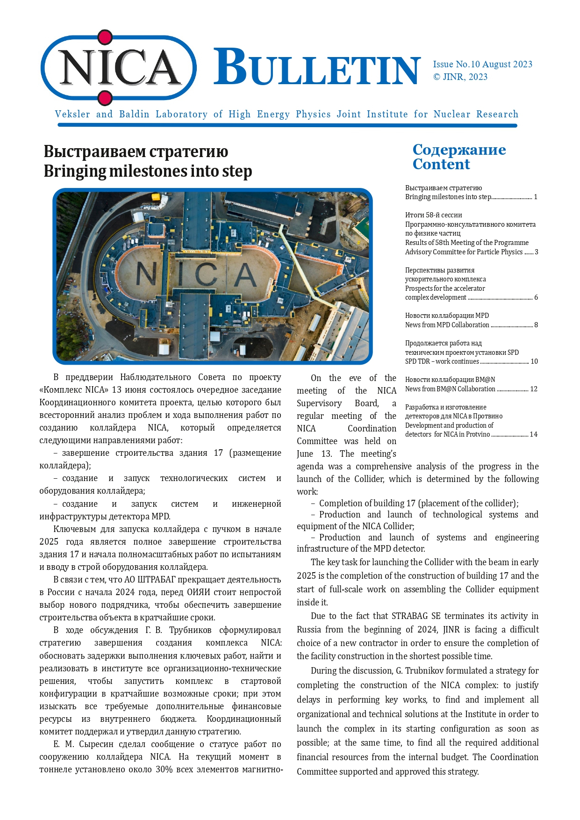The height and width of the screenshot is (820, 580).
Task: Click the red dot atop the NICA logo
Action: [105, 37]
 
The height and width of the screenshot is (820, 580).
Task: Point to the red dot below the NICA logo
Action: [105, 98]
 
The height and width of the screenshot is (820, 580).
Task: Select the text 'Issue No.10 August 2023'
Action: [482, 65]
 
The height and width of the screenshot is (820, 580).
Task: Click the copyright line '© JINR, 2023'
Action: [460, 77]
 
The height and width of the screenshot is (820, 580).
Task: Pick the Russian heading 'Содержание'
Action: [459, 150]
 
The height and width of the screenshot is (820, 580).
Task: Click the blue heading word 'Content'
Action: [441, 165]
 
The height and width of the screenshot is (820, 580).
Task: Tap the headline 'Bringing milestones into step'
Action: [148, 171]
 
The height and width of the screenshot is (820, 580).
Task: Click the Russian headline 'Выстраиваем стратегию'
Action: [136, 151]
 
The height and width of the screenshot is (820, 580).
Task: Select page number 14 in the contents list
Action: [533, 434]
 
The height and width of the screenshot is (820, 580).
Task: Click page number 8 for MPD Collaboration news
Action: [536, 325]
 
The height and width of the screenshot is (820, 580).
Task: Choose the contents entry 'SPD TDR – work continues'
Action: [442, 361]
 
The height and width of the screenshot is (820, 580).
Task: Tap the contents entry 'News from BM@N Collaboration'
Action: [450, 389]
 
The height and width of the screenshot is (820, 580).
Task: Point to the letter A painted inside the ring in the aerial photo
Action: [244, 275]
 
